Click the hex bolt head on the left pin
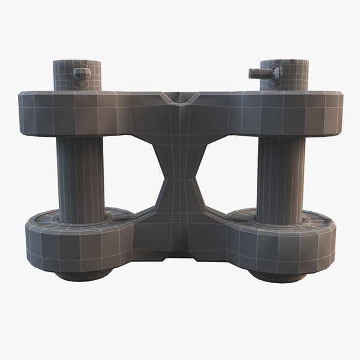click(80, 73)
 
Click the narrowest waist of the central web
click(179, 179)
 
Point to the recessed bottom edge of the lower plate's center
click(179, 254)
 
